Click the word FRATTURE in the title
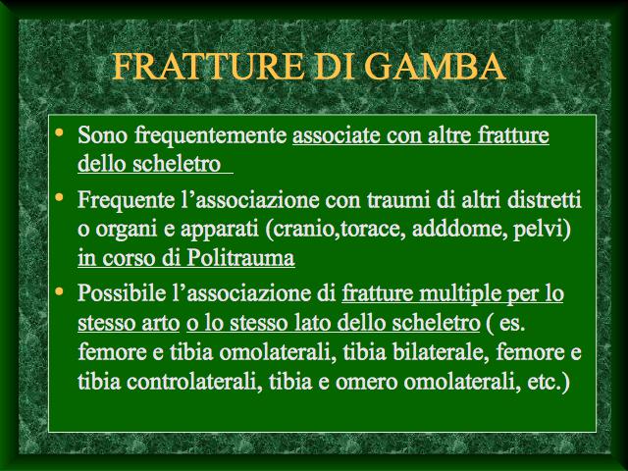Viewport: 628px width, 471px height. point(208,66)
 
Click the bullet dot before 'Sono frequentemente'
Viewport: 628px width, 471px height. point(59,132)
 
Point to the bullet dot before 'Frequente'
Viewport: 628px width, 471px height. point(59,196)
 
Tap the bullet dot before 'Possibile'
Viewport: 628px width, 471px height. point(59,290)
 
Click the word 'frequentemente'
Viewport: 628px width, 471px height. point(210,135)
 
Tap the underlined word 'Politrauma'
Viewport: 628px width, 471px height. point(240,257)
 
